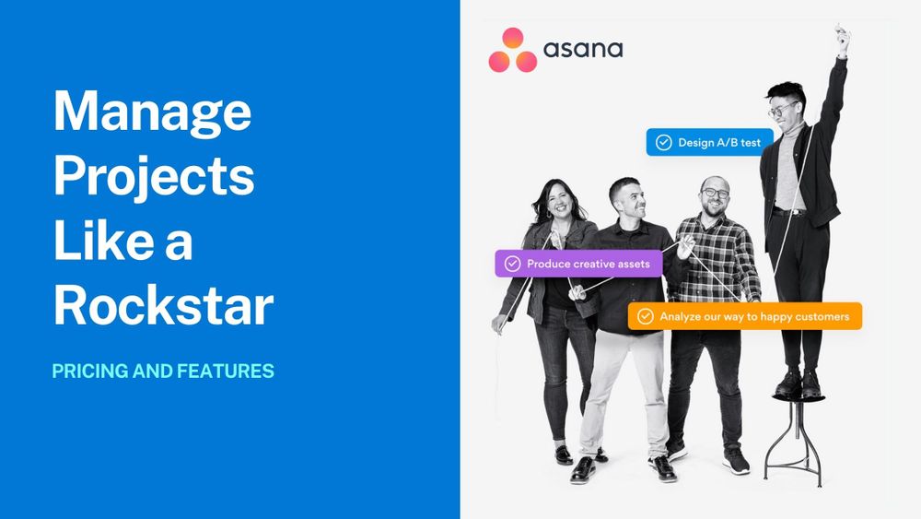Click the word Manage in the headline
[153, 112]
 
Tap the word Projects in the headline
[154, 176]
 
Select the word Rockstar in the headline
[164, 304]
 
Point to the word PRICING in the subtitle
[90, 371]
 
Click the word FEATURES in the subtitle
[226, 371]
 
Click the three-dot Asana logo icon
[512, 51]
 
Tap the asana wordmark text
[583, 50]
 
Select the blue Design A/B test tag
[709, 142]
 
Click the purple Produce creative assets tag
[578, 264]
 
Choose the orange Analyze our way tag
[745, 316]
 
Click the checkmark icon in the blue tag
[664, 142]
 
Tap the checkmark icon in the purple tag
[513, 264]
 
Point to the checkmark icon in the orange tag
[645, 316]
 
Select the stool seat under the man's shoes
[799, 398]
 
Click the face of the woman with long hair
[559, 202]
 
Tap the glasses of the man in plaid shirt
[715, 193]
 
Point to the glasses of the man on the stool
[785, 110]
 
